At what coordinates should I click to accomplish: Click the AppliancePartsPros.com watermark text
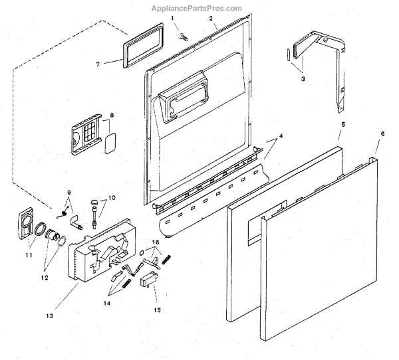tap(199, 8)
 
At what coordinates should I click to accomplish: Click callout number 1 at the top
tap(172, 19)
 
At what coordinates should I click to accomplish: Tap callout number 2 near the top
tap(211, 19)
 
